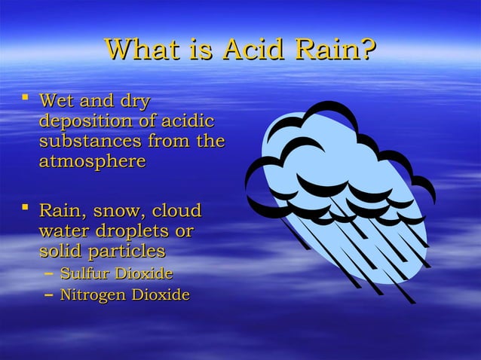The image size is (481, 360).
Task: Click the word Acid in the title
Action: (x=250, y=50)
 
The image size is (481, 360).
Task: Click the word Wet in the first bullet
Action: (x=56, y=101)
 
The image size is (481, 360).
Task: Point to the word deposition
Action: (x=85, y=121)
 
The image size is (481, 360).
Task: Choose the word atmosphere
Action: (x=91, y=161)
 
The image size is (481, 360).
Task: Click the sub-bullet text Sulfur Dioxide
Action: (x=116, y=273)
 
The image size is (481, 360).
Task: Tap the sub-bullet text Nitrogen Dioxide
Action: (x=124, y=294)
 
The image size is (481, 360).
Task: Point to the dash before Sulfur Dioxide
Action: (x=49, y=273)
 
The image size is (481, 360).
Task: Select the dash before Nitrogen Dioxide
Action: (x=49, y=294)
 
